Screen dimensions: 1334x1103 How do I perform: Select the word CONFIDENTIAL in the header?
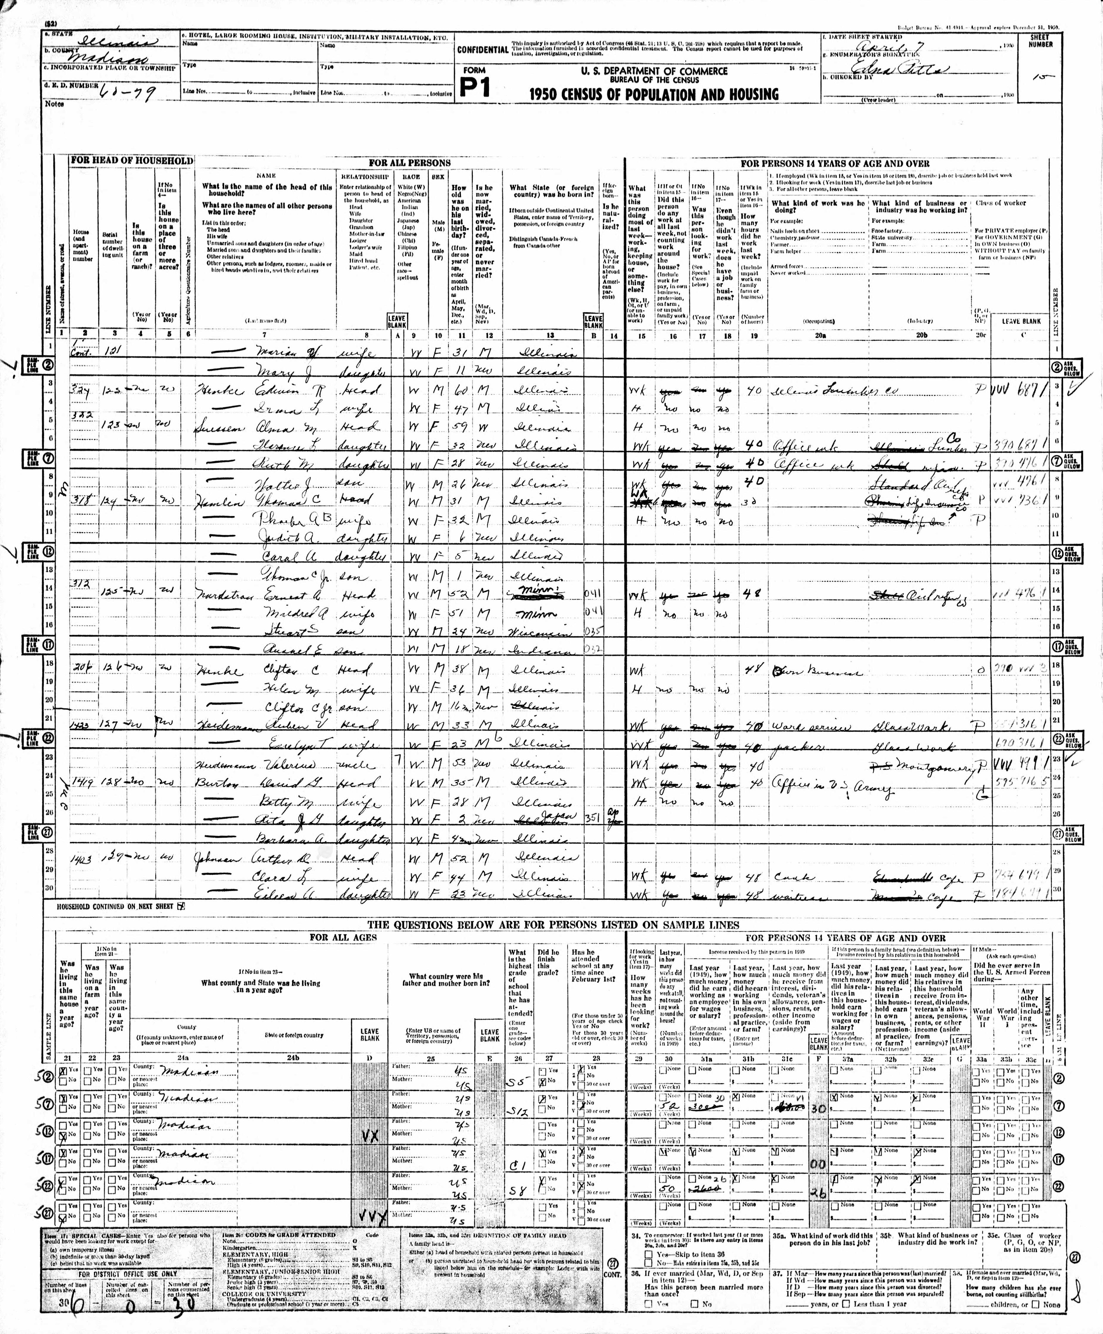483,49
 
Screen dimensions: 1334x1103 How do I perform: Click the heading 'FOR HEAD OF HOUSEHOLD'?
131,161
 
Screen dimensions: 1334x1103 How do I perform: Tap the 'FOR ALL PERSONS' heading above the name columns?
410,163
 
